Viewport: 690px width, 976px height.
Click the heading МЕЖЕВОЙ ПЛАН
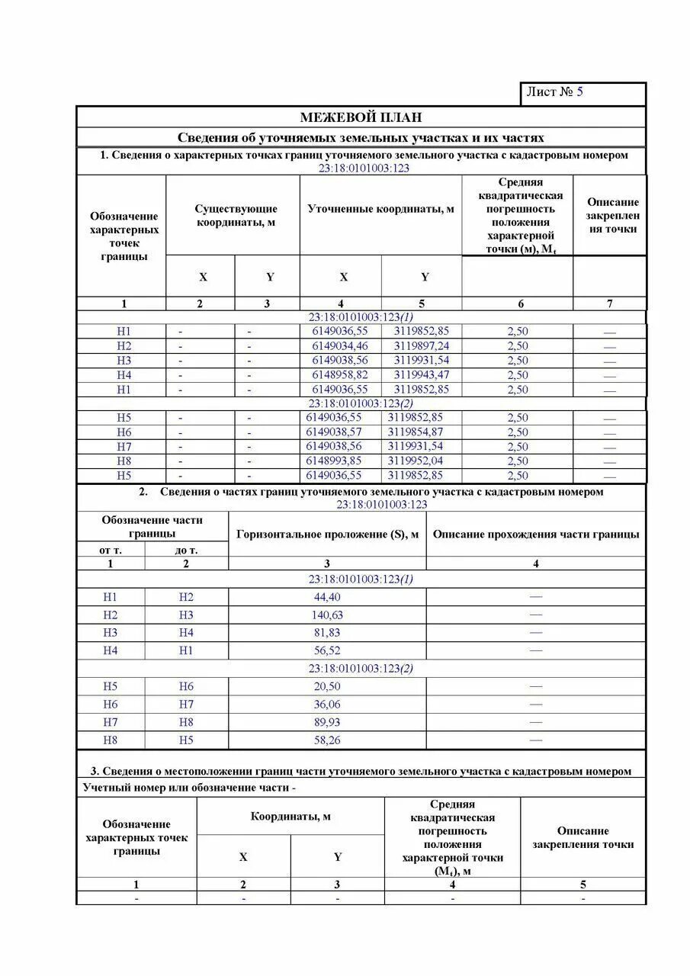point(360,117)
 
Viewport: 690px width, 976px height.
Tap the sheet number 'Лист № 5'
point(554,92)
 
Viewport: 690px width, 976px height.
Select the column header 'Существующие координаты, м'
point(236,215)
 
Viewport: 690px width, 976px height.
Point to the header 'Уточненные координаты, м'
point(380,209)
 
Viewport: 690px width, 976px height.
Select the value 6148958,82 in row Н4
point(339,375)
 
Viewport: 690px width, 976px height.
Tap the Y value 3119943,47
point(422,375)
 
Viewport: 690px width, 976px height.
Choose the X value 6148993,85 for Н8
point(333,461)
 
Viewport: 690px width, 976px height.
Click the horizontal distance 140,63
point(327,615)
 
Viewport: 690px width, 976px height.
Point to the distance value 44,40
point(327,597)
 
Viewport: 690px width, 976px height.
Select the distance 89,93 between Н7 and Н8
point(327,722)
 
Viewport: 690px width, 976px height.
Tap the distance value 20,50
point(327,686)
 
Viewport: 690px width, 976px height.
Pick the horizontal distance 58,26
point(327,740)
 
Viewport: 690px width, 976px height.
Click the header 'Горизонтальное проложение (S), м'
point(327,535)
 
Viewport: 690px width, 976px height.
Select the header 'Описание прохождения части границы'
point(535,535)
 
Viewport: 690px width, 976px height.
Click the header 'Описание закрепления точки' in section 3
point(583,837)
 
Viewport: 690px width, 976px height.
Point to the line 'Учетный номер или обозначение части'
point(188,788)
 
